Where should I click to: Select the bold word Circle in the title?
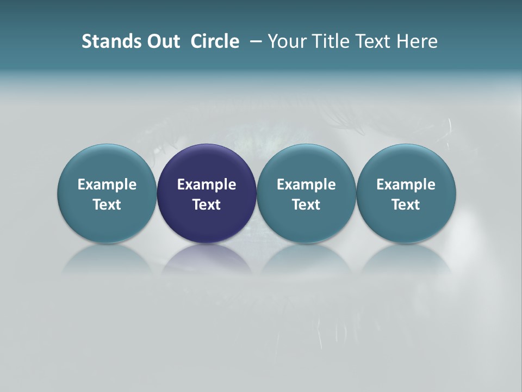click(215, 41)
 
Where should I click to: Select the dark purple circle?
click(207, 163)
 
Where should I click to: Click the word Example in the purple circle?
click(207, 185)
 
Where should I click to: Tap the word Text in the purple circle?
click(207, 205)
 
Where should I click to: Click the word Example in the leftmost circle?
click(107, 185)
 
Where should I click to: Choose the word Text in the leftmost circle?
click(107, 205)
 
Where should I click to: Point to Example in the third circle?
click(306, 185)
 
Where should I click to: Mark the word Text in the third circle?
click(306, 205)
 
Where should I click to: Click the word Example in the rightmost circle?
click(406, 185)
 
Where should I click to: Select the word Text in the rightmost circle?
click(406, 205)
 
